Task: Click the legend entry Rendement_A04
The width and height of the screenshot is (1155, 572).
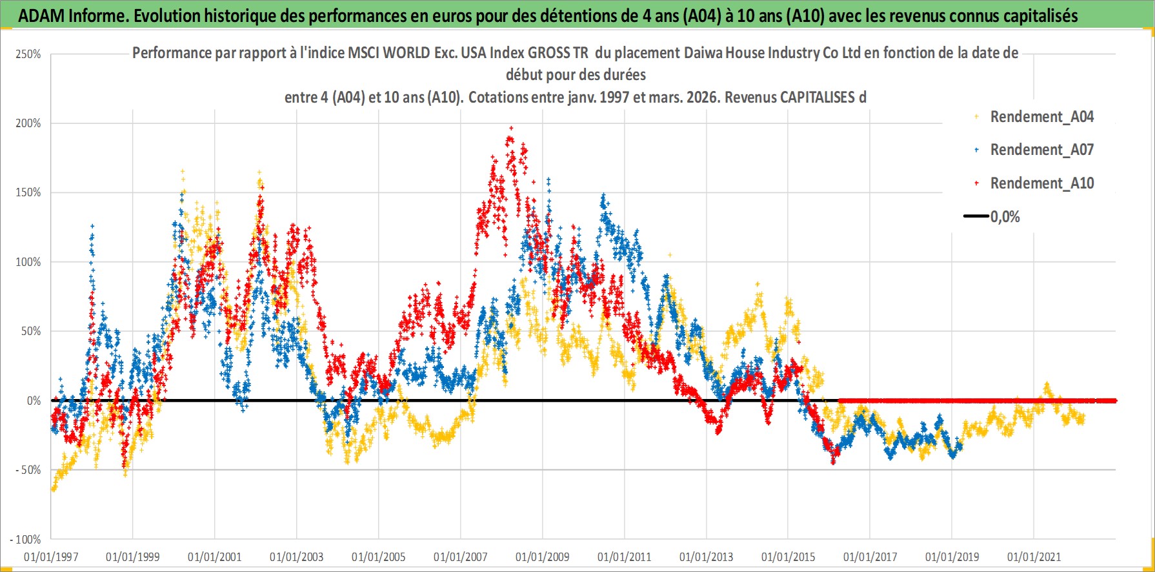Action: [1041, 117]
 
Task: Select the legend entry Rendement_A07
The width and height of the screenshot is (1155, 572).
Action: [1041, 150]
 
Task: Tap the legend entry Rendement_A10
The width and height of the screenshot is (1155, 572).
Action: [1041, 183]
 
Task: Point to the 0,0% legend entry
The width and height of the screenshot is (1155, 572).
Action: [1005, 217]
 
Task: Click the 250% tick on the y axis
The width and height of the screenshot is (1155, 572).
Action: [28, 54]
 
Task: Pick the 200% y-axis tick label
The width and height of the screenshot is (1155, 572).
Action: [28, 123]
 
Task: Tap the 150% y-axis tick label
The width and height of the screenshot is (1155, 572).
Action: [28, 192]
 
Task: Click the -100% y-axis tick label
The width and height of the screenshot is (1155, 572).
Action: [26, 540]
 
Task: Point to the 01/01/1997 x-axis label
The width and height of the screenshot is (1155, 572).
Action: [51, 557]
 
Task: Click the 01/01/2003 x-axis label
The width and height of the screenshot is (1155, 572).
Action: [297, 557]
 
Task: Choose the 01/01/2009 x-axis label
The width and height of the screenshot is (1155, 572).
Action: [543, 557]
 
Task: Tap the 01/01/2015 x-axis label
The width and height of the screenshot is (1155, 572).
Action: [788, 557]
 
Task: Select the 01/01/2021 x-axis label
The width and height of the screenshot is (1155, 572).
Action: [1034, 557]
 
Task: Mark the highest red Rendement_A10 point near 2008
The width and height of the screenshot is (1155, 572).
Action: [512, 128]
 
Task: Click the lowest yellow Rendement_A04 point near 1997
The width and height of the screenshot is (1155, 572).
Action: [53, 490]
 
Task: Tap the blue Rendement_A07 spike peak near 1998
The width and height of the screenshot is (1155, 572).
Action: [92, 226]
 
